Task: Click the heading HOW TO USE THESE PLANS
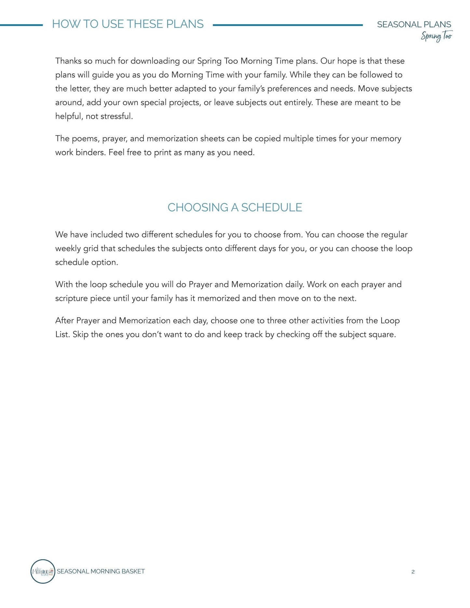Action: click(128, 24)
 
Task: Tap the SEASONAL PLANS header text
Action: click(414, 24)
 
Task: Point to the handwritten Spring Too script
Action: click(436, 36)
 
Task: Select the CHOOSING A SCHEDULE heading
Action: click(235, 208)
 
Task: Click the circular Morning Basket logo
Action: click(43, 571)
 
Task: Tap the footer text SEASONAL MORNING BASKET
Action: click(101, 572)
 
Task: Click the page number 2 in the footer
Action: click(413, 572)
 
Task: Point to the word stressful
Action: click(116, 116)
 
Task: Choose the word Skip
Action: click(80, 335)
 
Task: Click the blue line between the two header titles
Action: click(288, 25)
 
